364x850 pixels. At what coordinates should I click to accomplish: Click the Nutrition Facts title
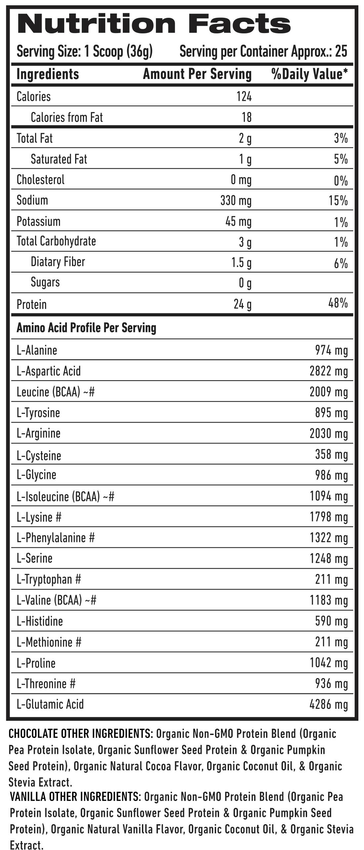154,24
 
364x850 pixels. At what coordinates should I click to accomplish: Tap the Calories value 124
244,97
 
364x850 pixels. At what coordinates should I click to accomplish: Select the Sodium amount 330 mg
236,201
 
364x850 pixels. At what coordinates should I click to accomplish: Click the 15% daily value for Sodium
338,201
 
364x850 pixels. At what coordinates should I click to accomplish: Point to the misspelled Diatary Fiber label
58,262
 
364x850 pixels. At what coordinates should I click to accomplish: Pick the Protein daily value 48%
338,303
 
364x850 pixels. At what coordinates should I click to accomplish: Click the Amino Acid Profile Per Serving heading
86,328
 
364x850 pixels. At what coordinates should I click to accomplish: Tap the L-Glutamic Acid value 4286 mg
329,705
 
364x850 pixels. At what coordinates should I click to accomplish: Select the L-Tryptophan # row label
49,580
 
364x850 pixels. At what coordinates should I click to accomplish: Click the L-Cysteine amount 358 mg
332,455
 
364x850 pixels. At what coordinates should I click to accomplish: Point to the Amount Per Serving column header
197,74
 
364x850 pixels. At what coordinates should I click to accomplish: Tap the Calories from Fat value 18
247,117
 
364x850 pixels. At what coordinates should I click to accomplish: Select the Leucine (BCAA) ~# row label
56,392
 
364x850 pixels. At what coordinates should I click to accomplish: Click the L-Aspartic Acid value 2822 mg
329,371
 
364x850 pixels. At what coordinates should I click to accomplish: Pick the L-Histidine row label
40,621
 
